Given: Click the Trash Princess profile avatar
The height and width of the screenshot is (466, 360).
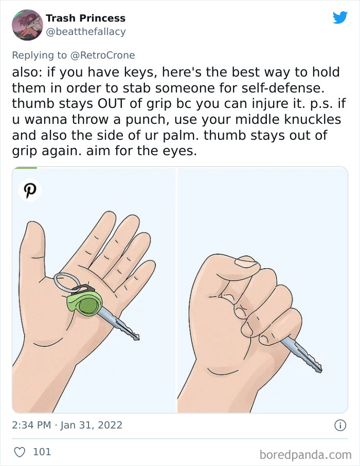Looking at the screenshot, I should [x=27, y=25].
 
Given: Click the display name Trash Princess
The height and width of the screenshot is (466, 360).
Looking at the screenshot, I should [x=85, y=18].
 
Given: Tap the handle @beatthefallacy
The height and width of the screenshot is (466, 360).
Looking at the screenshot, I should [x=85, y=32].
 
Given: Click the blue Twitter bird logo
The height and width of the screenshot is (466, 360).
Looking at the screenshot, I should [x=340, y=18].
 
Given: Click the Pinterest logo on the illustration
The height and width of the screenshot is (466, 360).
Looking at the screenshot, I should [x=30, y=190].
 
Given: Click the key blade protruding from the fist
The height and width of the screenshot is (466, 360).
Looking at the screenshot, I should [x=306, y=356].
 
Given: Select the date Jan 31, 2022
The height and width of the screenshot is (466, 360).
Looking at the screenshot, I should [x=91, y=425].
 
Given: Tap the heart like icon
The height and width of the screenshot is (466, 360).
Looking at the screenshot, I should [x=19, y=452].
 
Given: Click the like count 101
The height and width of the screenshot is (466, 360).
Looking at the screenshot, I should [x=42, y=452].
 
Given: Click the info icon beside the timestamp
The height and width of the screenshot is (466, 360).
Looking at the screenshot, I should [x=339, y=425].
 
